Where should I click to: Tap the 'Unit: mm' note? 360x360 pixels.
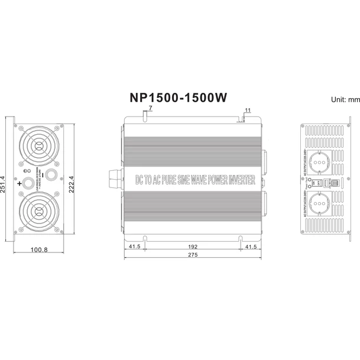345,99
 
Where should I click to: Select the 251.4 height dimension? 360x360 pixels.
4,180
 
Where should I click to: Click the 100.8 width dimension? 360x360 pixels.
38,250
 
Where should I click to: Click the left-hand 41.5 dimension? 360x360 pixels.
134,247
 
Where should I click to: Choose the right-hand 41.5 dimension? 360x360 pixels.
250,247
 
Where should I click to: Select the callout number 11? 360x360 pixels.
248,110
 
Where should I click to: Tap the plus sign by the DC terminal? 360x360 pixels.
20,184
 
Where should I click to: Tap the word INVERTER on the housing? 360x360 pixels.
241,179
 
